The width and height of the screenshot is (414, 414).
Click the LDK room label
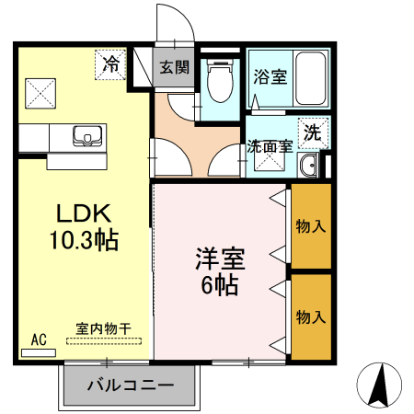82,215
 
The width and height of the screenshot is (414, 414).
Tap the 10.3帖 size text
83,241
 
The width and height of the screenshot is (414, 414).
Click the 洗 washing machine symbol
313,132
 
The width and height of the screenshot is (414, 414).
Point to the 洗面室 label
270,146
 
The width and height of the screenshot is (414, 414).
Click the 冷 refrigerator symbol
110,64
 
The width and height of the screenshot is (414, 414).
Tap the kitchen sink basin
86,136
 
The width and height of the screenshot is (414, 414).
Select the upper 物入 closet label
311,225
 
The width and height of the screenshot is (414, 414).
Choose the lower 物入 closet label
311,316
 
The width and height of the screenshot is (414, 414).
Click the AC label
39,339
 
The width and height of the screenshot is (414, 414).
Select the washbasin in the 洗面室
310,166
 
